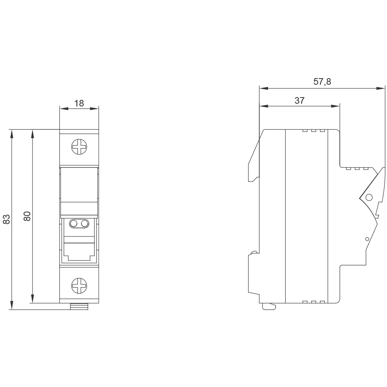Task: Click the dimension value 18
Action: (79, 103)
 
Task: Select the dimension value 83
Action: (7, 219)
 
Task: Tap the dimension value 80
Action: (27, 216)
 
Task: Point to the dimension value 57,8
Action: (322, 81)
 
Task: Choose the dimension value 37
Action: (300, 101)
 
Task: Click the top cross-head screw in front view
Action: (79, 147)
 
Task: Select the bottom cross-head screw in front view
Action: (79, 286)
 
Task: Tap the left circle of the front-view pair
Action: (74, 224)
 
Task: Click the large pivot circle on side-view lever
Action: (369, 197)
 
